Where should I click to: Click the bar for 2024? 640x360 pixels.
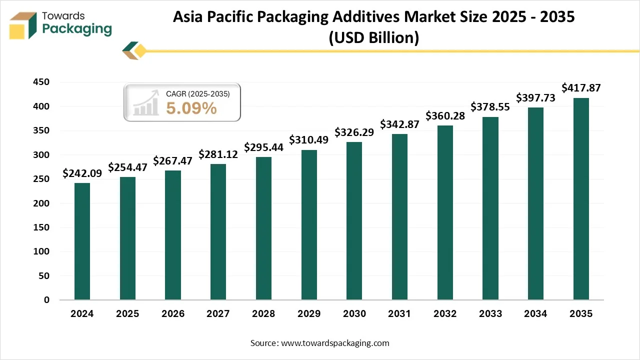coord(82,241)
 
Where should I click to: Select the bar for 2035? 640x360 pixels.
coord(581,199)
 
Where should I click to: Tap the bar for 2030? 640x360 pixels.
coord(354,221)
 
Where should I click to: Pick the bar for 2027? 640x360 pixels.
coord(218,232)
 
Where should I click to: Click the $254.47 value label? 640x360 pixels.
coord(128,167)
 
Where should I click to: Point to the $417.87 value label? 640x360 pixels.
coord(581,88)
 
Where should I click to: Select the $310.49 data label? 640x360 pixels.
coord(309,140)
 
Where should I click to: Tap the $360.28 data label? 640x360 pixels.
coord(445,116)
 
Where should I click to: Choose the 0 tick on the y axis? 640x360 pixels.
coord(46,300)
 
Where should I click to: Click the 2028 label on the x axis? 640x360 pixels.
coord(263,314)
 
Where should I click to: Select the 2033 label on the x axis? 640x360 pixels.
coord(490,314)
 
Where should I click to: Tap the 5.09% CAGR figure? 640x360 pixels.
coord(191,107)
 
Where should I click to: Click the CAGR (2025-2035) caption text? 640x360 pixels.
coord(197,93)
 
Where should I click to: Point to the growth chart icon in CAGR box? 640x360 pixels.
coord(145,103)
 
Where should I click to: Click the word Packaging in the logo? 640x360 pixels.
coord(77,29)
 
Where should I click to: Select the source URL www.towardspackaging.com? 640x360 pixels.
coord(335,343)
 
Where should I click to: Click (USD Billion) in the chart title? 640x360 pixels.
coord(373,37)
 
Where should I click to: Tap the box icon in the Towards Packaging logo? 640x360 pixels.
coord(23,25)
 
